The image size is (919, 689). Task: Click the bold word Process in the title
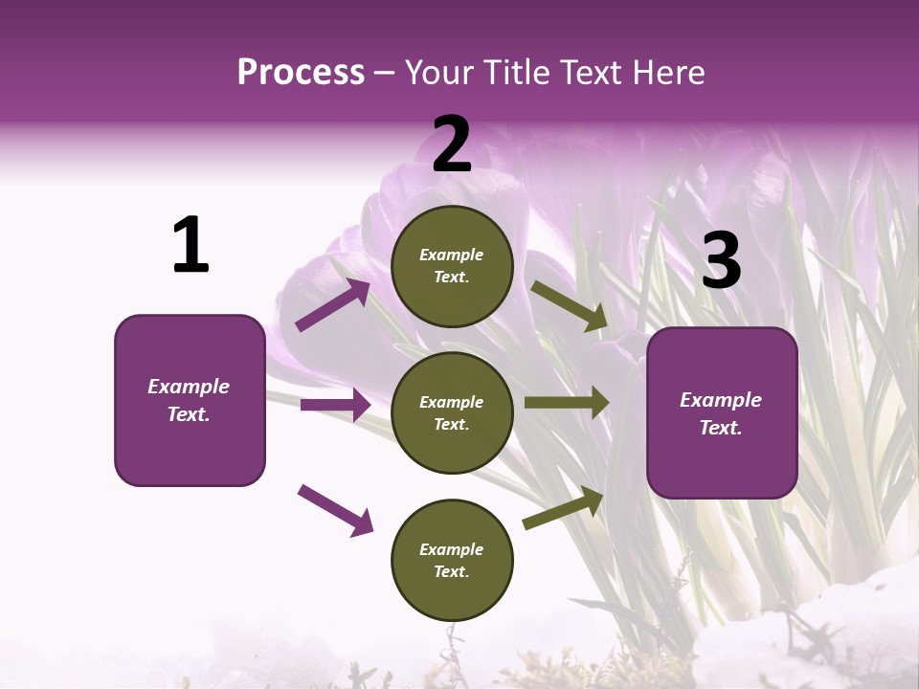point(301,73)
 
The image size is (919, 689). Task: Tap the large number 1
point(191,246)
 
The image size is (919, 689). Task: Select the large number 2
point(452,145)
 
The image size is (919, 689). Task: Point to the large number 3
point(721,261)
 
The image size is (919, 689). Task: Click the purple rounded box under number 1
point(190,400)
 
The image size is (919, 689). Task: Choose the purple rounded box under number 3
point(722,412)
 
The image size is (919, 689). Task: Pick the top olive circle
point(452,266)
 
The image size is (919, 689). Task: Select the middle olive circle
point(452,412)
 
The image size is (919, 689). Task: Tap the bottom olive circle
point(452,560)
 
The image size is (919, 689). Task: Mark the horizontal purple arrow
point(335,405)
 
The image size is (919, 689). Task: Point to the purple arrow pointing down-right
point(335,509)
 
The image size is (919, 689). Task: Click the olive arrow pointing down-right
point(569,306)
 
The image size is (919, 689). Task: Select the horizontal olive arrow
point(566,402)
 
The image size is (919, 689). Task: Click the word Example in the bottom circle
point(452,549)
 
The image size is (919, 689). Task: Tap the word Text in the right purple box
point(720,428)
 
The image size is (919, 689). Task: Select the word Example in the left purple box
point(189,387)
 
